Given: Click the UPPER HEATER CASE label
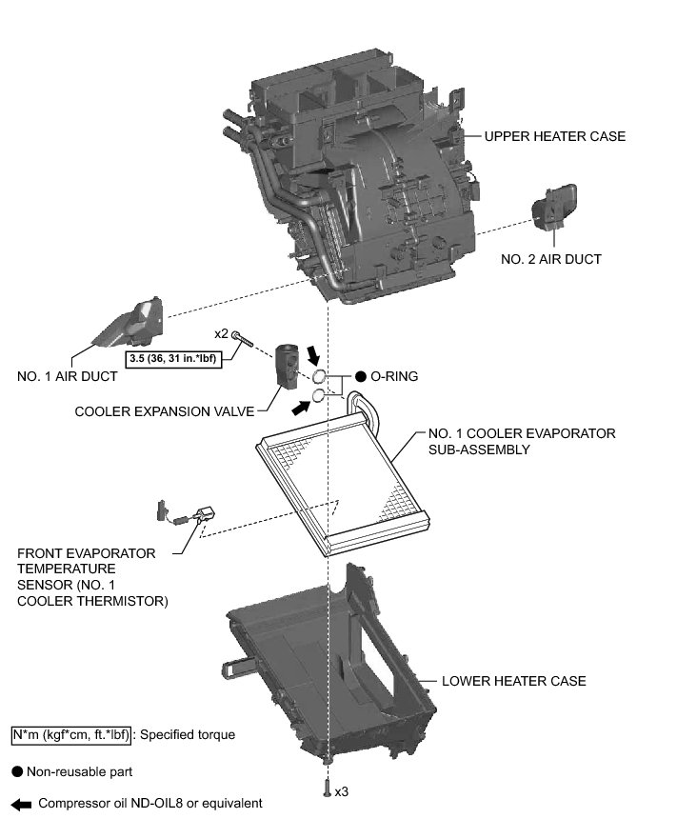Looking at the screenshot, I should (554, 136).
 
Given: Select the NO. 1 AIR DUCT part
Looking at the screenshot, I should (132, 327).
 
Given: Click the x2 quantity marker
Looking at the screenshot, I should (220, 334).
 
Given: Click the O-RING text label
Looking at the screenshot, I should (393, 376).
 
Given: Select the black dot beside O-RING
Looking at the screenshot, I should (361, 376).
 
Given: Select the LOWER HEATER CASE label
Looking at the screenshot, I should (513, 681).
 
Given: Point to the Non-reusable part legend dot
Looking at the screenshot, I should (17, 771).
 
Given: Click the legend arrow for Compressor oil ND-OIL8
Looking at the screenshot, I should (20, 804).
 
